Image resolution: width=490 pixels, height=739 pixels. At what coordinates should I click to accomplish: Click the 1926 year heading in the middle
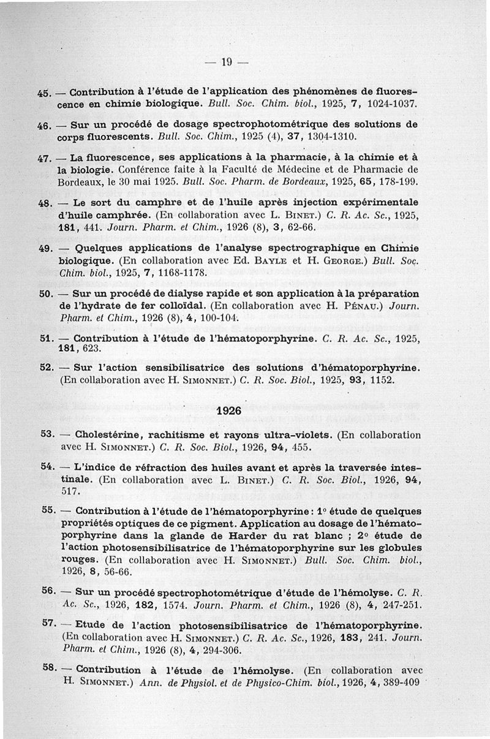pos(229,410)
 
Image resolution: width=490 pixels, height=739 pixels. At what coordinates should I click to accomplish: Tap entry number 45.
pos(44,93)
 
